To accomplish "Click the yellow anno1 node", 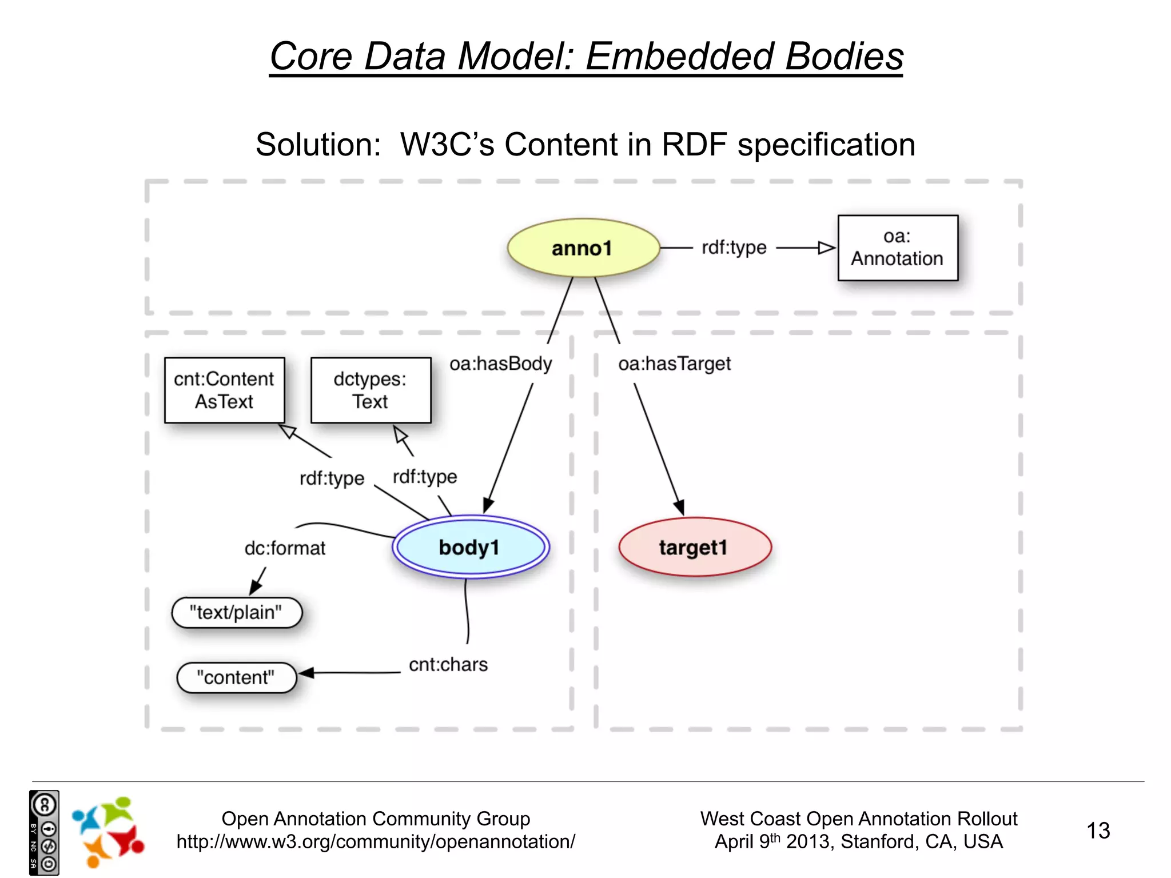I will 583,248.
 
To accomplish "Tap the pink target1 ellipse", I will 694,547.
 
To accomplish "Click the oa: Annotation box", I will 897,248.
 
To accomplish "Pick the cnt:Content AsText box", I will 224,390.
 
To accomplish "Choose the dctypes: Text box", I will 371,390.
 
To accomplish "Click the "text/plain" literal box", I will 236,613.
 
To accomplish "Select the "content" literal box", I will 236,677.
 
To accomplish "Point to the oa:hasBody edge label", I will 501,364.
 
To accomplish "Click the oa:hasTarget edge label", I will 674,364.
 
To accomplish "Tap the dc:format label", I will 285,548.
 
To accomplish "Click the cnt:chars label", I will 448,664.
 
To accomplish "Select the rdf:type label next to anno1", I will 734,248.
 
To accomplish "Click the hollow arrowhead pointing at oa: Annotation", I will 827,248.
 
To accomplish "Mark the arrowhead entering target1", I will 679,506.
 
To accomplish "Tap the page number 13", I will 1098,831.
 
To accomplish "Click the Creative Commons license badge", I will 44,833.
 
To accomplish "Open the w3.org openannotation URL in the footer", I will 376,842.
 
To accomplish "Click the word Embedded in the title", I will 679,57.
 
